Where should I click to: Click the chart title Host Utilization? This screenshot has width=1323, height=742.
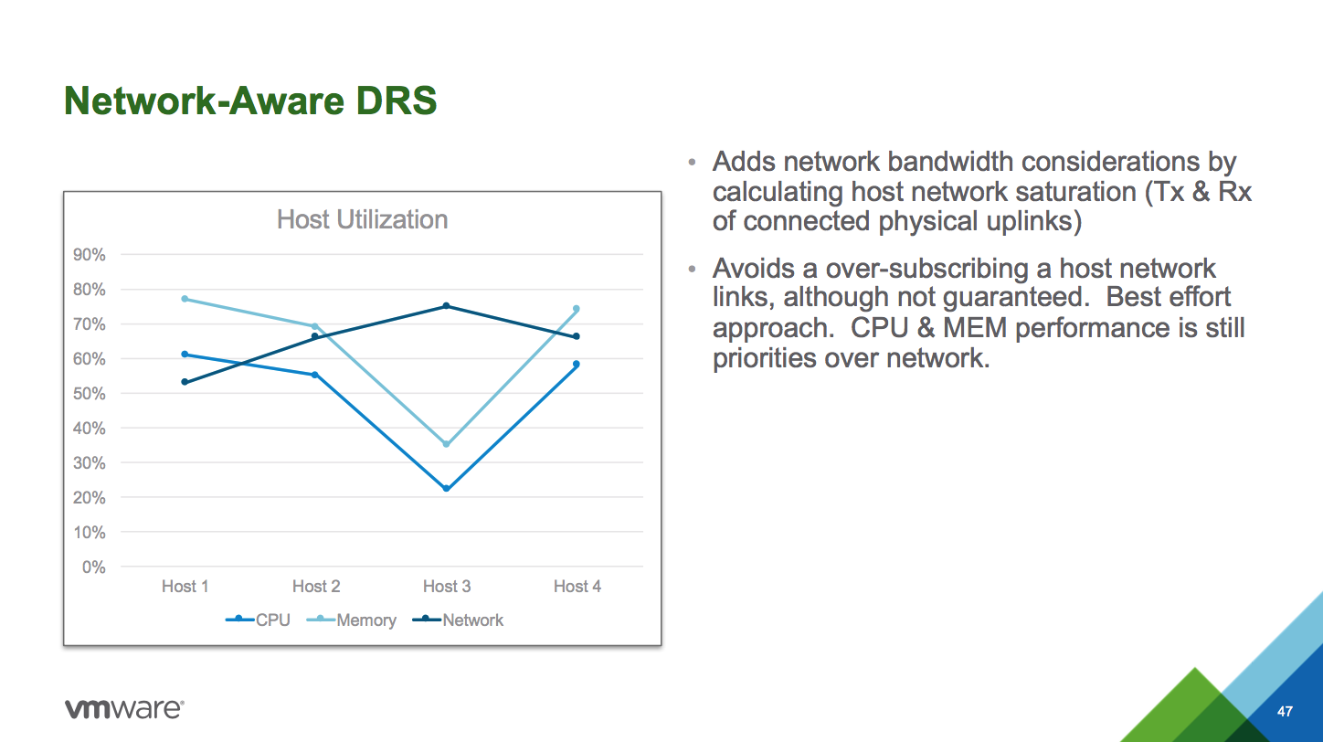[x=362, y=219]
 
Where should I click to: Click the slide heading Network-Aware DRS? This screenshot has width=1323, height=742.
[x=250, y=101]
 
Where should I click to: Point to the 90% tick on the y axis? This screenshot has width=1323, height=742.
[x=90, y=255]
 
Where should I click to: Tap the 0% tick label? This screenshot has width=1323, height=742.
[x=94, y=567]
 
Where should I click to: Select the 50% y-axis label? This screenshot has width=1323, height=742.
[x=90, y=394]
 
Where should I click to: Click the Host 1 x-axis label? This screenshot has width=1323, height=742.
[x=185, y=586]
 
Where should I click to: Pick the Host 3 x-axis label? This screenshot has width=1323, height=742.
[x=447, y=586]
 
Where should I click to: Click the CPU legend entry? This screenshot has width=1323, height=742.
[x=258, y=620]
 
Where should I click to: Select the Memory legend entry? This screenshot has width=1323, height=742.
[x=352, y=620]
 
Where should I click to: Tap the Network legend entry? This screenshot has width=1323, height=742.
[x=458, y=620]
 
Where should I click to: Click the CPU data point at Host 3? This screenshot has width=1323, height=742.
[x=447, y=489]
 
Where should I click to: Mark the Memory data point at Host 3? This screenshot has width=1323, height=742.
[x=447, y=444]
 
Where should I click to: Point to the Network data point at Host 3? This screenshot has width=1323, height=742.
[x=447, y=306]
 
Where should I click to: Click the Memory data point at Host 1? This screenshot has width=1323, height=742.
[x=185, y=299]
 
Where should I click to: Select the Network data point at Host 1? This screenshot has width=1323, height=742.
[x=185, y=382]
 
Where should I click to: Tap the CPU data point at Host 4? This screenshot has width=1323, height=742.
[x=577, y=365]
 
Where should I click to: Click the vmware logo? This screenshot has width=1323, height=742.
[x=124, y=708]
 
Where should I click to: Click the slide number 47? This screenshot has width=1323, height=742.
[x=1285, y=711]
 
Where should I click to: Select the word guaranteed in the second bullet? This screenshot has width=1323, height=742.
[x=1016, y=297]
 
